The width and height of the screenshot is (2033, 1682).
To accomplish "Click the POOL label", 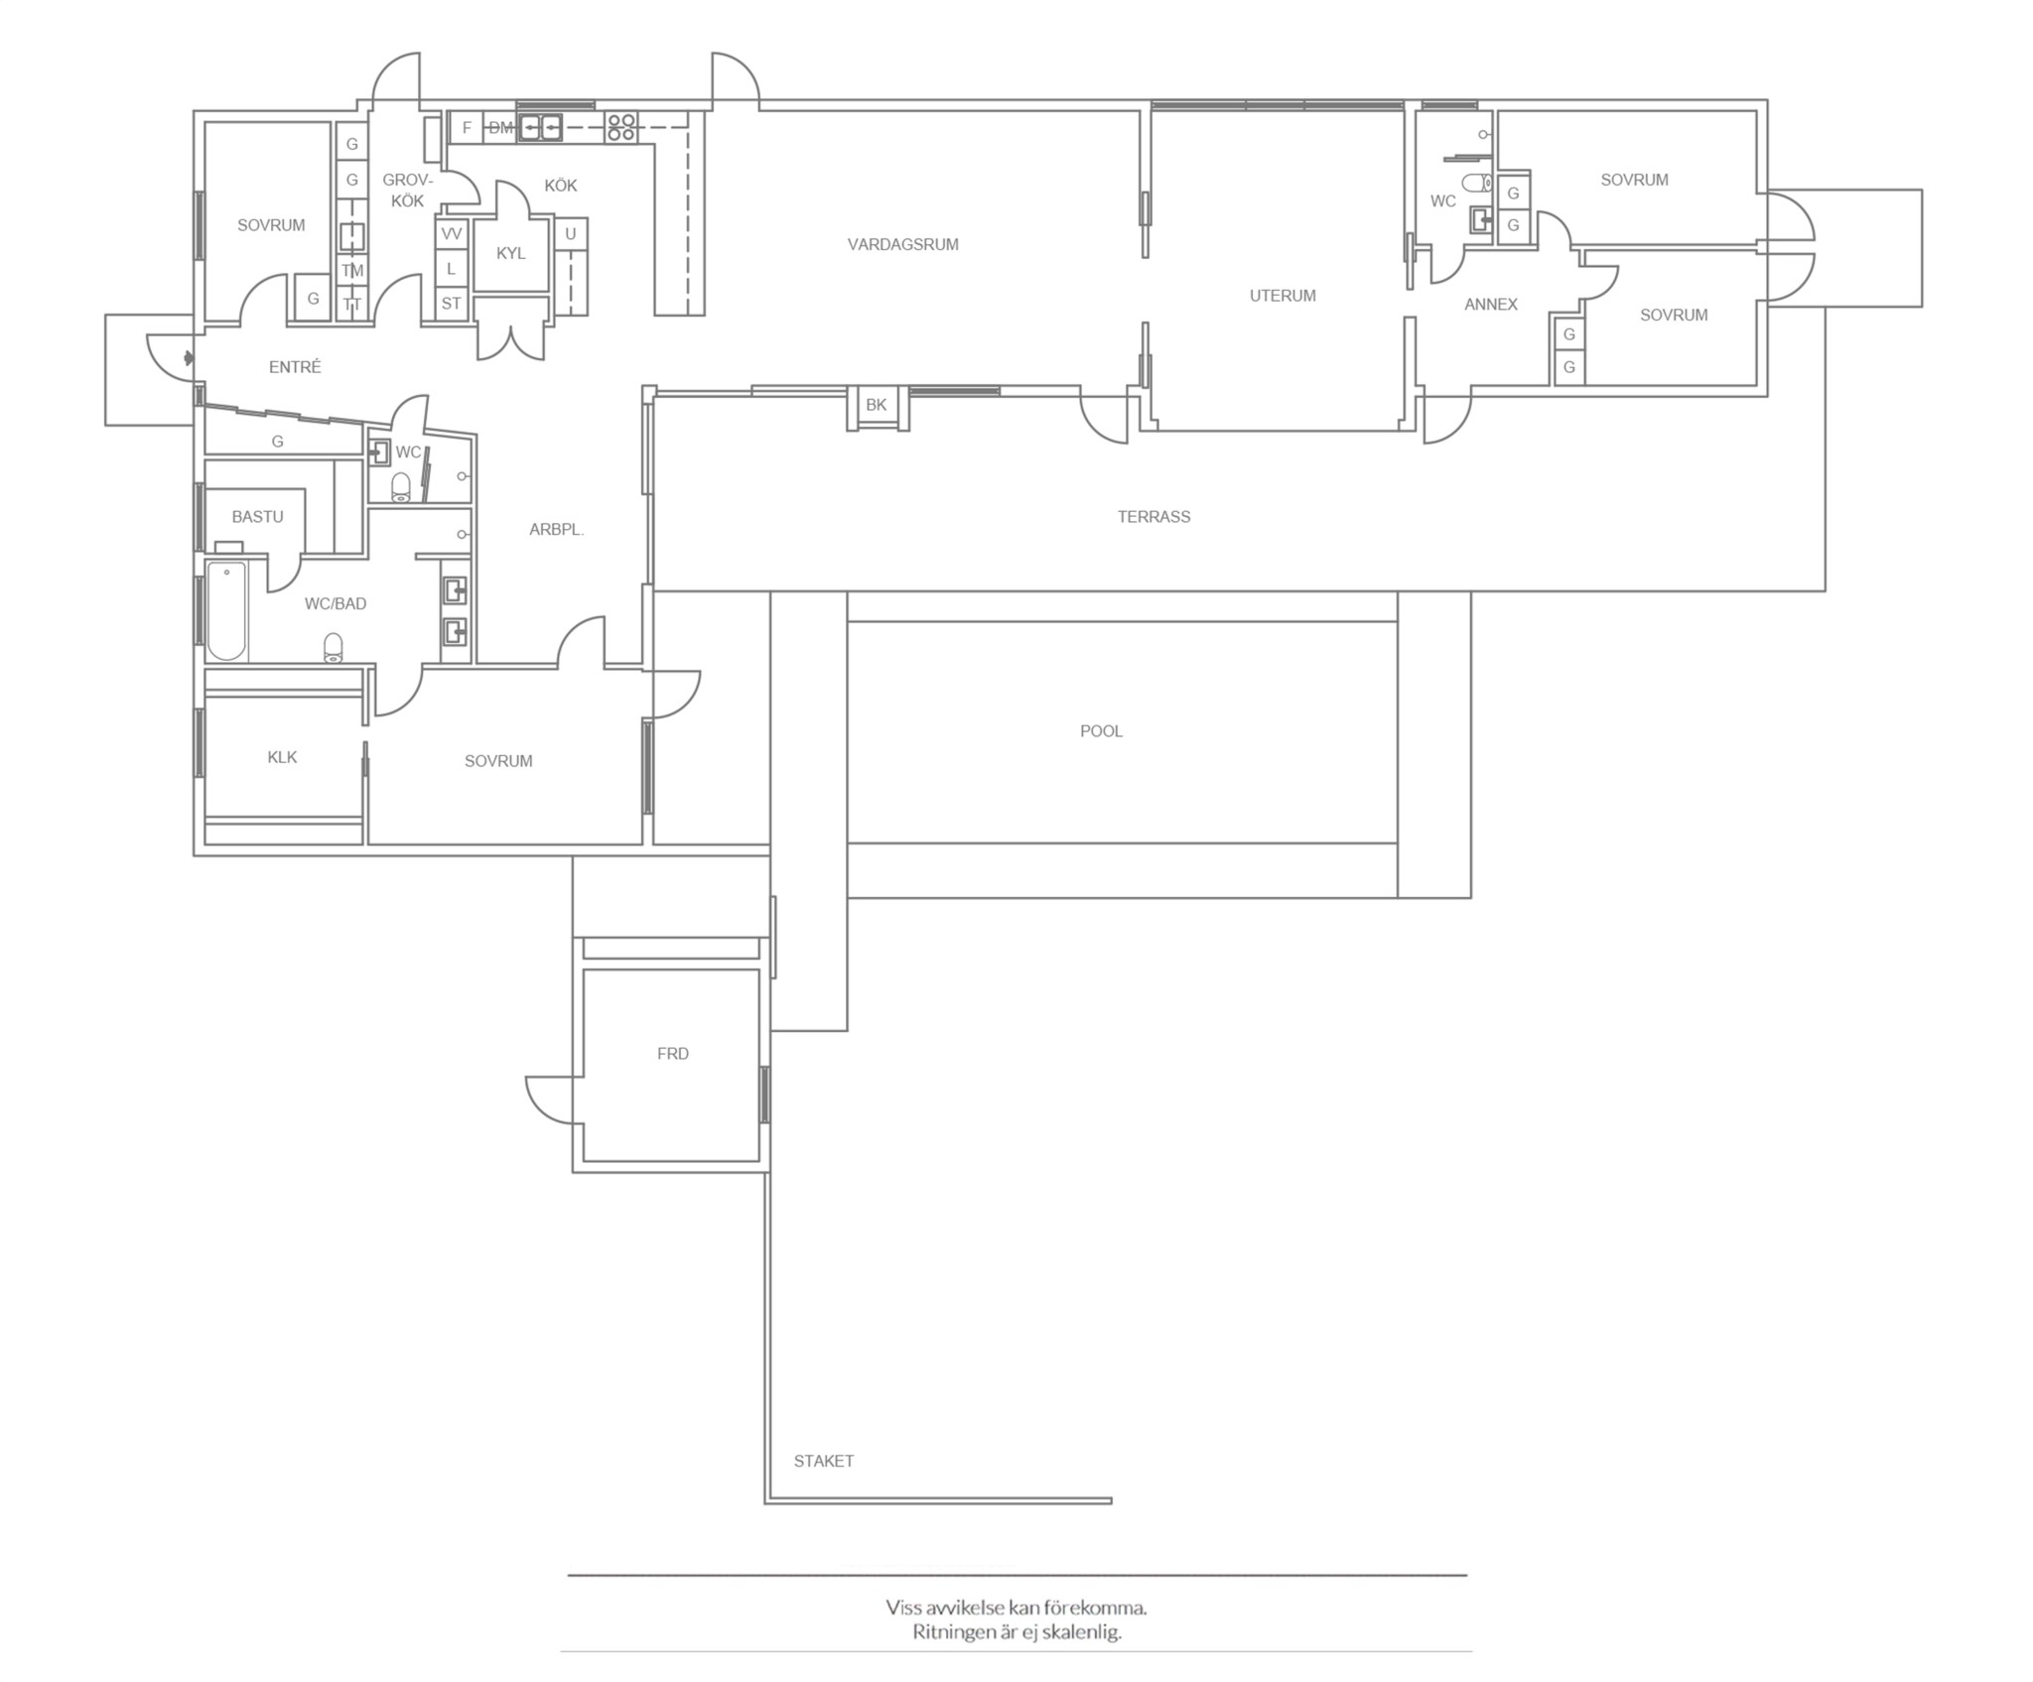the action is (x=1101, y=731).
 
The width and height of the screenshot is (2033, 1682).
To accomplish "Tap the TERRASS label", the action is (x=1153, y=517).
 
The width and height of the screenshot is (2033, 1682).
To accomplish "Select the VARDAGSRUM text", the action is (x=903, y=245).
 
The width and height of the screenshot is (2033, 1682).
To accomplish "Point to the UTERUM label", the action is (x=1283, y=296).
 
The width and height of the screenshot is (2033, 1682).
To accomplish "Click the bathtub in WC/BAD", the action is (x=226, y=611).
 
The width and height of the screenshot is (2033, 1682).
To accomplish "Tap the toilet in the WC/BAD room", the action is (x=333, y=648).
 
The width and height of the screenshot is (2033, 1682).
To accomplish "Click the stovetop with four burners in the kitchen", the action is (x=621, y=126).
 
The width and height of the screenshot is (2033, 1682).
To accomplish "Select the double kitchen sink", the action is (x=540, y=127).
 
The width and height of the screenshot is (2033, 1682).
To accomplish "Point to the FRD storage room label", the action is (x=673, y=1054).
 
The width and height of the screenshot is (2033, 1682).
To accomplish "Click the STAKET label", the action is (x=824, y=1461).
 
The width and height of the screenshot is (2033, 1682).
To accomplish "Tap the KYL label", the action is (x=511, y=254).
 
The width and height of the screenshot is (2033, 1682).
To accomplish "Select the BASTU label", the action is (x=258, y=517).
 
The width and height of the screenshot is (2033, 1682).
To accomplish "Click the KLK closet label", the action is (x=283, y=757).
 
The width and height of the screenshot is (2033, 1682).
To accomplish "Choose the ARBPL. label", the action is (x=557, y=530).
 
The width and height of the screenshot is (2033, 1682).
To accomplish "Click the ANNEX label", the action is (x=1491, y=305).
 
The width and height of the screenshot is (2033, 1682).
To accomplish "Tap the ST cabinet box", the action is (x=452, y=304).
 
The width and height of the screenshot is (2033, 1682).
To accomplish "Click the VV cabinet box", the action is (x=452, y=234).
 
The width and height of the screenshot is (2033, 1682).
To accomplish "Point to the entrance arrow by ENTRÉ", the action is (x=189, y=357).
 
